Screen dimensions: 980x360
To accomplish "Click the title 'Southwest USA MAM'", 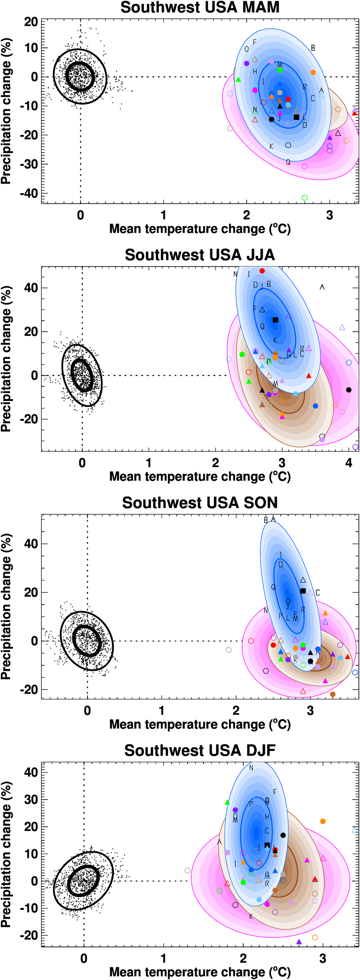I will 200,7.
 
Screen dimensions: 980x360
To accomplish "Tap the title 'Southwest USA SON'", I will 200,502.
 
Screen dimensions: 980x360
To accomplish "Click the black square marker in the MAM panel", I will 296,117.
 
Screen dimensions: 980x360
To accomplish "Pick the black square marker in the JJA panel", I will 275,320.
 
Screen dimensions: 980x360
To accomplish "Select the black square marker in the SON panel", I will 303,591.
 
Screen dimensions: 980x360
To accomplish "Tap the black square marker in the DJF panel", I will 267,845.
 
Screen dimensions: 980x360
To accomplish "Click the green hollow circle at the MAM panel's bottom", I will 305,198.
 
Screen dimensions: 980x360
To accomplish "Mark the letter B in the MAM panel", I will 313,48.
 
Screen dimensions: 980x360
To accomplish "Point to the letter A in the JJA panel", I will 322,287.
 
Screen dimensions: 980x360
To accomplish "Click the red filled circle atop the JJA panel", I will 262,271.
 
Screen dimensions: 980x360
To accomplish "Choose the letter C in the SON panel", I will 318,593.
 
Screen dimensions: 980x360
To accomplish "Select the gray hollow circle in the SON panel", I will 229,650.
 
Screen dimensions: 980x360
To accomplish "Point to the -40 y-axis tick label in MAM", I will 29,193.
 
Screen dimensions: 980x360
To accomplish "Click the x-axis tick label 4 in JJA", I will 348,463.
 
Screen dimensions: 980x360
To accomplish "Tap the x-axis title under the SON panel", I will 200,724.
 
